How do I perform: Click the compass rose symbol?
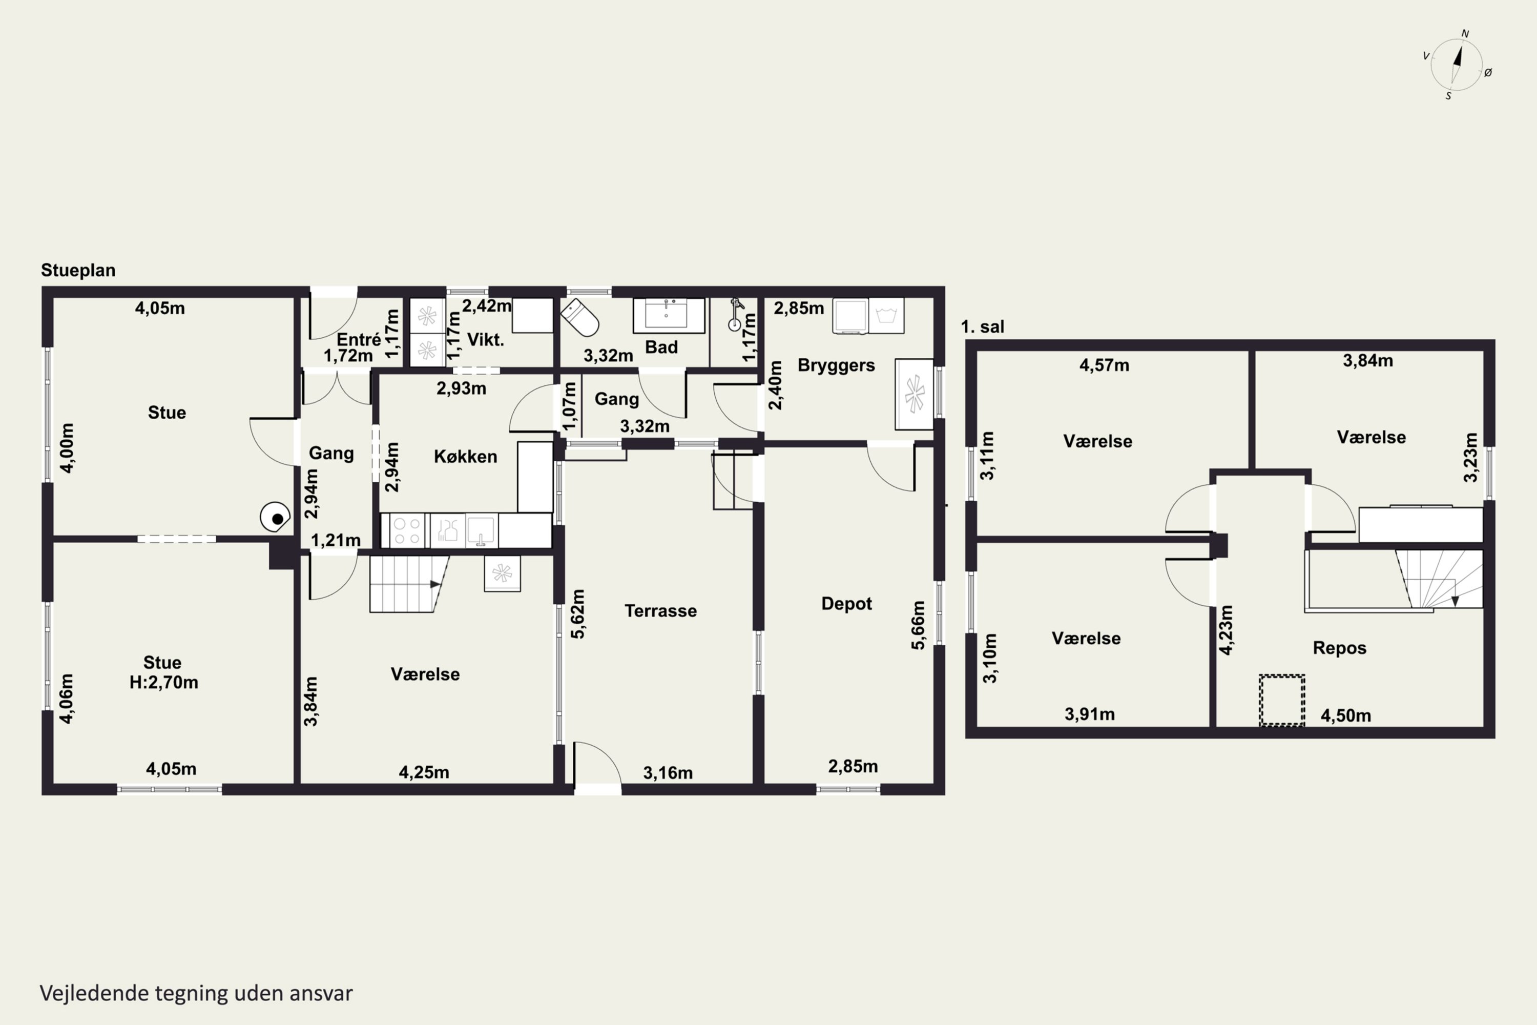(x=1457, y=65)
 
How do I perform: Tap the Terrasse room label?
(x=661, y=610)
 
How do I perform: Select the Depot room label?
(x=846, y=603)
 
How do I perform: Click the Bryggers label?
(x=836, y=365)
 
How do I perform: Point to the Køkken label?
(x=465, y=456)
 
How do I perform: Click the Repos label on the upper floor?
(x=1340, y=648)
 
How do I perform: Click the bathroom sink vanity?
(x=669, y=315)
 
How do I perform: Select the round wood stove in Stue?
(x=275, y=517)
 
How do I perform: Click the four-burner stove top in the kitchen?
(x=406, y=530)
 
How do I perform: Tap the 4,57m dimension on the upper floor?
(x=1104, y=365)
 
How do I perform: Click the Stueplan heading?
(x=78, y=270)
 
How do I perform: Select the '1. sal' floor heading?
(x=982, y=327)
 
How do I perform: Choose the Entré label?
(x=359, y=339)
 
